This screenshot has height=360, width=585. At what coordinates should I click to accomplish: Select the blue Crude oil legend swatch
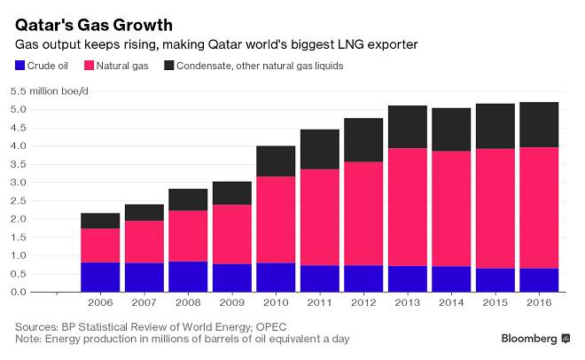[19, 66]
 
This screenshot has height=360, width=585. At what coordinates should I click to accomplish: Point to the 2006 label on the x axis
[100, 302]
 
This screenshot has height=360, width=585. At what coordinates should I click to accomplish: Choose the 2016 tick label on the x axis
[539, 302]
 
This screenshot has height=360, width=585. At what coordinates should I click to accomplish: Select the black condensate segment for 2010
[277, 161]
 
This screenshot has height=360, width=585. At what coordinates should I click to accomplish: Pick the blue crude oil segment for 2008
[189, 277]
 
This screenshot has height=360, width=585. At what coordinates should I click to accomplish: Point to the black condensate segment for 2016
[539, 125]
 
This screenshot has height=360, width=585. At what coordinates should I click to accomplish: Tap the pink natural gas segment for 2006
[100, 246]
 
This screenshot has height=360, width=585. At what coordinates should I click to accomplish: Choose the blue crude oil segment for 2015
[495, 280]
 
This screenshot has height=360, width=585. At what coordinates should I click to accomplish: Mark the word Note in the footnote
[29, 339]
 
